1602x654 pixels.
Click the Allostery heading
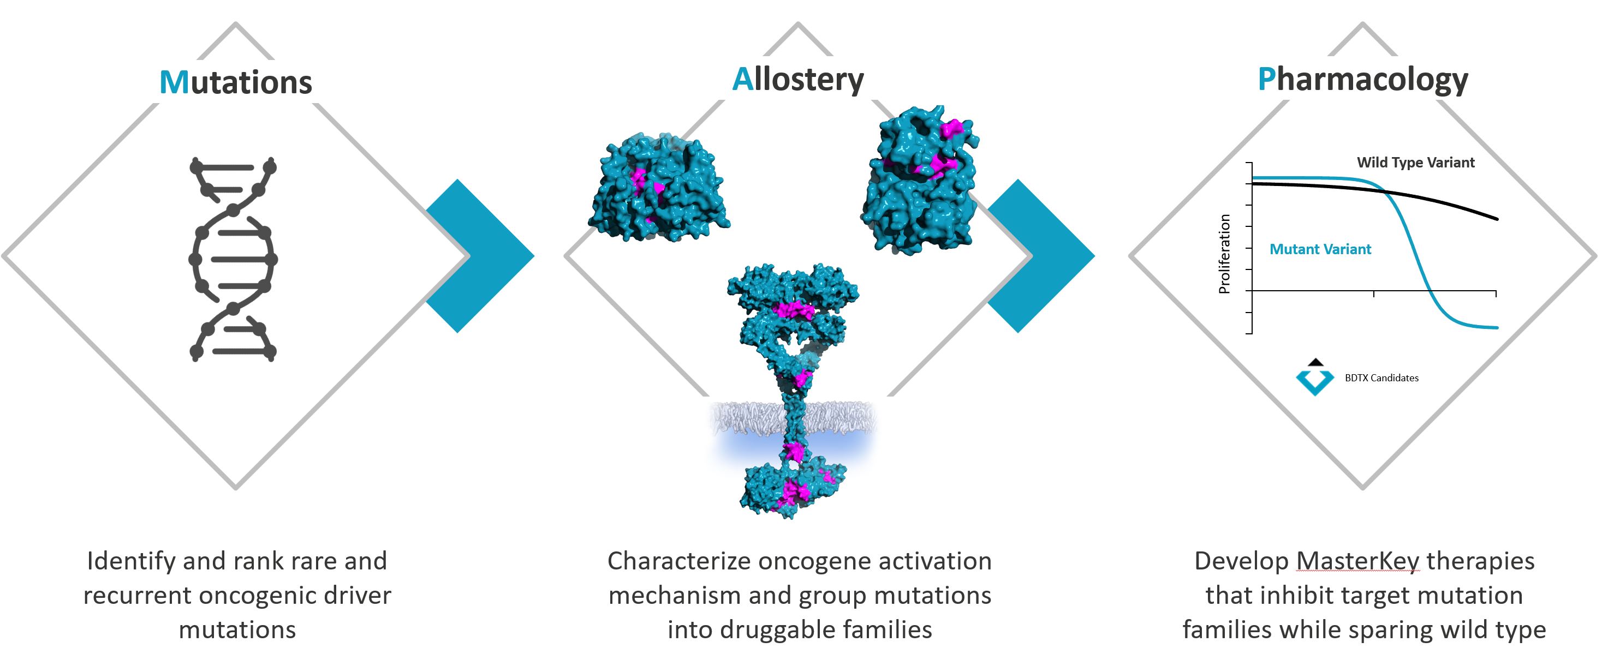tap(798, 80)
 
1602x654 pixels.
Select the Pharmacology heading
tap(1362, 80)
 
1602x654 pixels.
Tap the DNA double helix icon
tap(233, 259)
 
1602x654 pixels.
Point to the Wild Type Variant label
tap(1415, 163)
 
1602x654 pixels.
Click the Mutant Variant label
tap(1320, 249)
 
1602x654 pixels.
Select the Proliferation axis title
tap(1224, 254)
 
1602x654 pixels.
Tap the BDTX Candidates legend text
tap(1381, 378)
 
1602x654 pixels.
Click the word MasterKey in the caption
tap(1357, 561)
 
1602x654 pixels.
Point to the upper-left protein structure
tap(658, 187)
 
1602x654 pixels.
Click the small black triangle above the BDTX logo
tap(1315, 362)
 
